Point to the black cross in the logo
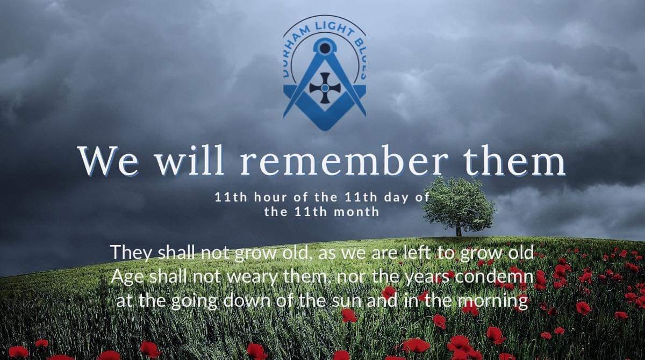(x=325, y=88)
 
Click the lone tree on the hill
(x=458, y=203)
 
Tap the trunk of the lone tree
(x=458, y=230)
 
